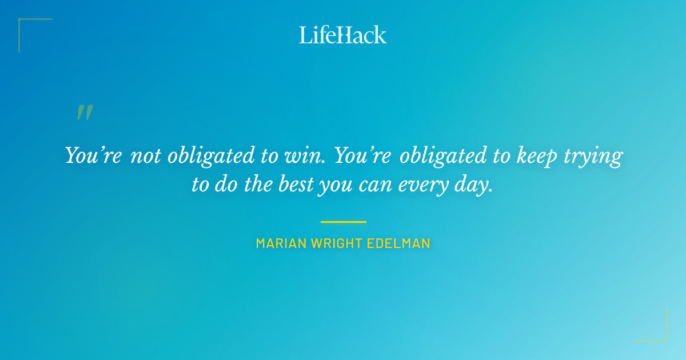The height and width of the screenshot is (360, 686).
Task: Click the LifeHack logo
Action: pyautogui.click(x=343, y=35)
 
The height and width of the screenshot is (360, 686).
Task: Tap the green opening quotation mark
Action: pyautogui.click(x=84, y=112)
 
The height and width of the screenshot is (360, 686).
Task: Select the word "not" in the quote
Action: pyautogui.click(x=145, y=156)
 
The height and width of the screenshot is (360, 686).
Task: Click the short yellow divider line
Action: pyautogui.click(x=343, y=222)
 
